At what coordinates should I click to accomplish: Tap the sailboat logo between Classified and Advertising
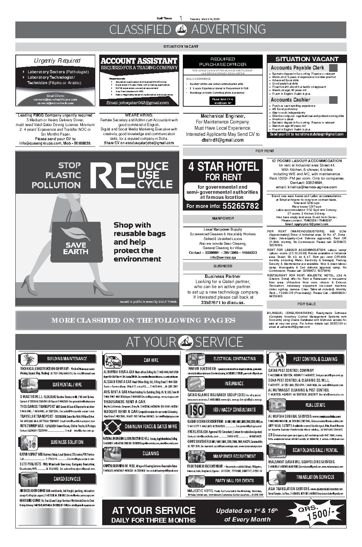(181, 29)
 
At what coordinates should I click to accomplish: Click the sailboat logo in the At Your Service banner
(186, 342)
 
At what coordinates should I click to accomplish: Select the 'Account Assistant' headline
(139, 61)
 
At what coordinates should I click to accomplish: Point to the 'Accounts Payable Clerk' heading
(297, 68)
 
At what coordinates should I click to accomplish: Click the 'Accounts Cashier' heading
(290, 100)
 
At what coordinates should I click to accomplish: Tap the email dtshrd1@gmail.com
(223, 140)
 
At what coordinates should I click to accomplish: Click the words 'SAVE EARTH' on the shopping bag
(76, 248)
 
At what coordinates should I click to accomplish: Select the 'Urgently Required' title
(57, 61)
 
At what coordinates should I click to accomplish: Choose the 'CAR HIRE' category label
(151, 360)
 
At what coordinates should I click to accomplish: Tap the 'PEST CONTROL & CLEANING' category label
(315, 359)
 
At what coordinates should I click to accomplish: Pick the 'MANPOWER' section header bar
(223, 219)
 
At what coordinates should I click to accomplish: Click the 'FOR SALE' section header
(307, 304)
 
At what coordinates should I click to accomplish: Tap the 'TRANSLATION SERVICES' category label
(315, 477)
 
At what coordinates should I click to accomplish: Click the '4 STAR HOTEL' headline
(223, 167)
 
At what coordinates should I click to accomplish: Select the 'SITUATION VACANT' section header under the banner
(181, 47)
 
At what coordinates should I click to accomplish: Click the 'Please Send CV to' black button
(223, 101)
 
